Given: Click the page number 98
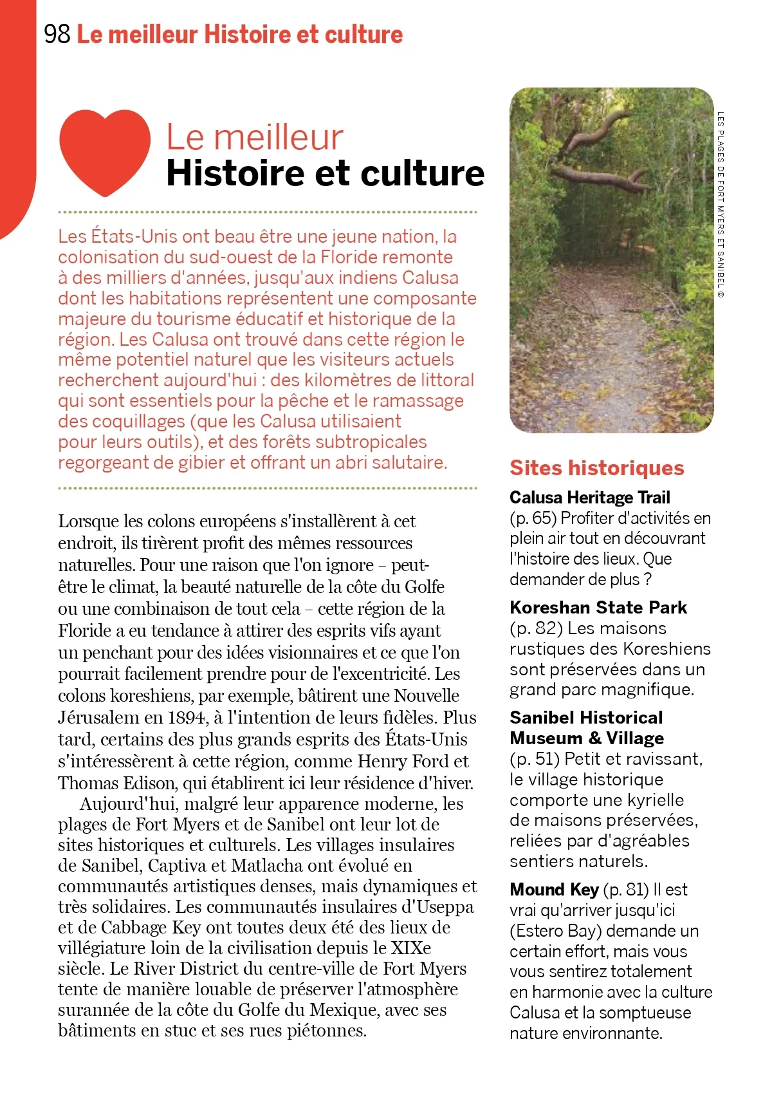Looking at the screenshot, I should (x=57, y=34).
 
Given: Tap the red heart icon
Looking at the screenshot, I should (x=105, y=151).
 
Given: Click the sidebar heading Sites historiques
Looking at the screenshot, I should (x=596, y=468).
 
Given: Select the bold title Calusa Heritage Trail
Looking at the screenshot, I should (x=589, y=498).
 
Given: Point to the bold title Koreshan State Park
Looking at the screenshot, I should (x=598, y=608).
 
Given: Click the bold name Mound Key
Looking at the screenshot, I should (x=554, y=890).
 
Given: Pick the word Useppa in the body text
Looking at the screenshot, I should (x=445, y=907).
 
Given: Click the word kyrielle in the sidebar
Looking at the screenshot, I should (x=651, y=800).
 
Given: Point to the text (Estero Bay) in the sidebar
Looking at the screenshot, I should (x=555, y=931).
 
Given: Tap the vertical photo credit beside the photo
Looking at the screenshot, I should (x=721, y=205).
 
